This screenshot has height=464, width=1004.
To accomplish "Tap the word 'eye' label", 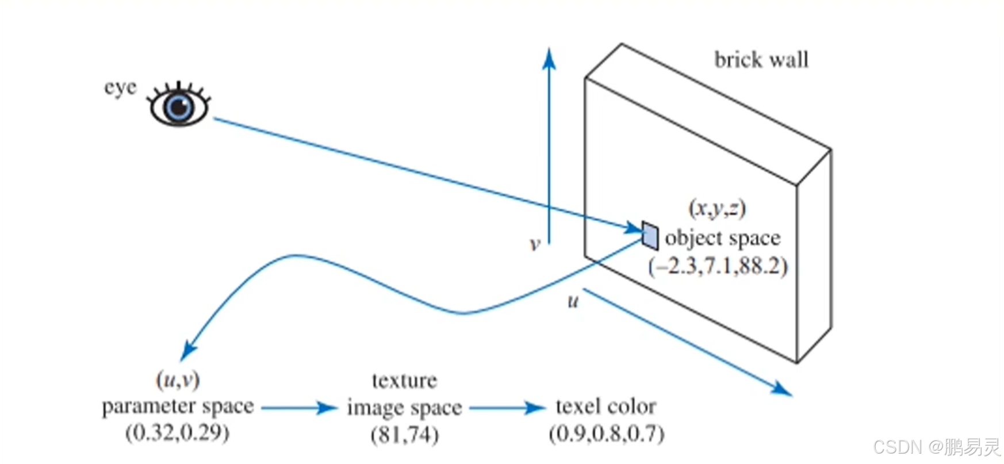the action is [120, 88].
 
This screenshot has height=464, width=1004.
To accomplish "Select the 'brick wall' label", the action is [761, 60].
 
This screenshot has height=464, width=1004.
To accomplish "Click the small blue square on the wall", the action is [650, 235].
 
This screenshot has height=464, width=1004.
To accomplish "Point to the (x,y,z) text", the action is [717, 208].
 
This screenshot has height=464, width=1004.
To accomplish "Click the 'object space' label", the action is [723, 237].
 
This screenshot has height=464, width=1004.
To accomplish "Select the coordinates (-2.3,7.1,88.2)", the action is [718, 267].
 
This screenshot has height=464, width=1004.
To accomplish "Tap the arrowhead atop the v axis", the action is [549, 58].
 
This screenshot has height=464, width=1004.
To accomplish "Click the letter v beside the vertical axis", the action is [535, 244].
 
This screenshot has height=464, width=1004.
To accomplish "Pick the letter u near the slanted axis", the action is [573, 301].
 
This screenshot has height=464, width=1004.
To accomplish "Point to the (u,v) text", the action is [178, 379].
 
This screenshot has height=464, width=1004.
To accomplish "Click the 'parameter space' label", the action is [178, 407].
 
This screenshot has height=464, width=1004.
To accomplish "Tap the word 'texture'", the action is [404, 381].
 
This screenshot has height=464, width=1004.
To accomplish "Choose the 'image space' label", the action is [404, 408].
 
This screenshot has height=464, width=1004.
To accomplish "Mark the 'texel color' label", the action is [606, 407].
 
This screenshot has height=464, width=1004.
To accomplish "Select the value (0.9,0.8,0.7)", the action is [607, 434].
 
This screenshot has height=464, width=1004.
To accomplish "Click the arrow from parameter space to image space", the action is [299, 408].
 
